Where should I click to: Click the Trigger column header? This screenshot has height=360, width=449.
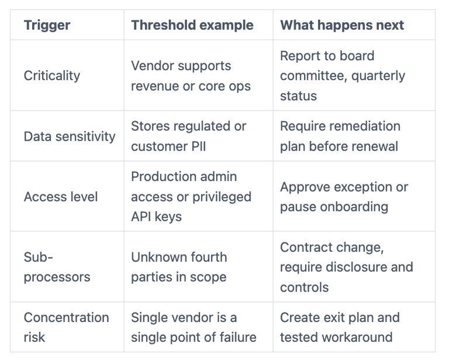point(47,25)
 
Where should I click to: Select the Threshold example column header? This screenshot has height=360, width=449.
point(192,25)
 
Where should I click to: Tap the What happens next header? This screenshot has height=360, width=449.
point(342,25)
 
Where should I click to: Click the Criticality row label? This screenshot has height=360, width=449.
point(52,76)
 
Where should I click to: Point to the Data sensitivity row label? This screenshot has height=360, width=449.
point(69,136)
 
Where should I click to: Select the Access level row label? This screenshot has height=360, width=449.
point(61,197)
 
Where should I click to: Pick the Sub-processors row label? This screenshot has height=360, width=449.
point(57,267)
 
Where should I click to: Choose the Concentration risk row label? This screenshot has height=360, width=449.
point(66,327)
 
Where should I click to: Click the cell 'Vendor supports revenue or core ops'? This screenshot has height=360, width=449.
point(191,76)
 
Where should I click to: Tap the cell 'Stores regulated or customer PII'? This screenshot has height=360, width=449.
point(188,136)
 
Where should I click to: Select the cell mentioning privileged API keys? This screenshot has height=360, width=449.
point(191,197)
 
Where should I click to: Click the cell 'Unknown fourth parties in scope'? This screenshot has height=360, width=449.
point(179,267)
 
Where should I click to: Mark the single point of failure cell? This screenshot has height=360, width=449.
point(194,327)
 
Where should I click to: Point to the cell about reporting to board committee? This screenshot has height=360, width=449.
point(343,76)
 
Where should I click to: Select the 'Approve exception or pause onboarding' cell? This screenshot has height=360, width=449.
point(344,197)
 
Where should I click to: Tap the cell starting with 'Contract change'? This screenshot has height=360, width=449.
point(346,267)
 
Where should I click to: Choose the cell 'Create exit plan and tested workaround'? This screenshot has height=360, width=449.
point(340,327)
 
